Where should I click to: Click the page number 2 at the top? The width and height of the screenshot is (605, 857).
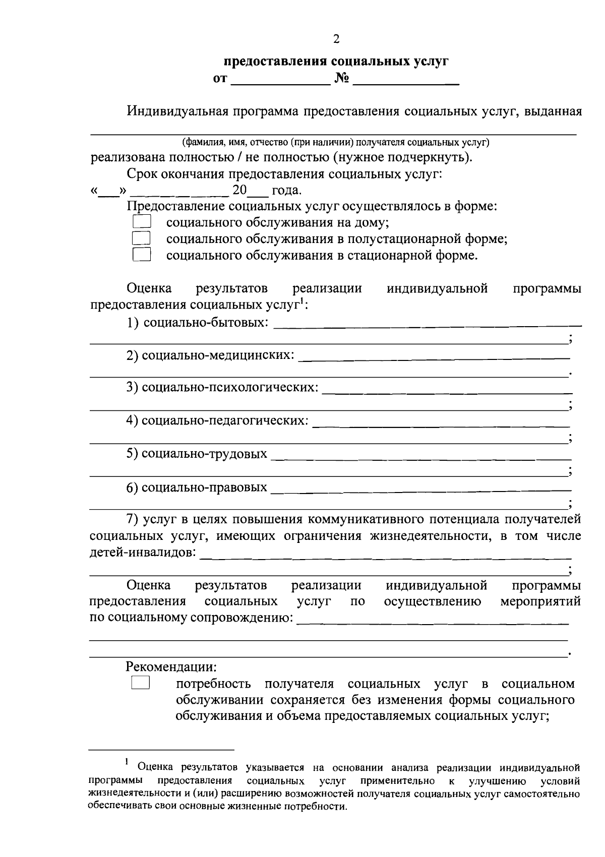point(336,40)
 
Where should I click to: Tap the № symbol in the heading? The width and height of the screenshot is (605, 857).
point(341,79)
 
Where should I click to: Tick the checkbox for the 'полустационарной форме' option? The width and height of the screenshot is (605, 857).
point(142,238)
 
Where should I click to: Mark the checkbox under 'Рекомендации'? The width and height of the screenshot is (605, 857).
point(141,683)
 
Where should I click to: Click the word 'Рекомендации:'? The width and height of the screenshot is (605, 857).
point(171,666)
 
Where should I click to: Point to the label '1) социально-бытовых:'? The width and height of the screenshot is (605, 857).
point(197,322)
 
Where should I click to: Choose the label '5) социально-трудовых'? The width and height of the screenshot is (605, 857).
point(197,454)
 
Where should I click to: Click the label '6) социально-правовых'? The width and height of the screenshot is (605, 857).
point(197,487)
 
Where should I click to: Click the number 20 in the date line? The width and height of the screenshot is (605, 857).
point(239,191)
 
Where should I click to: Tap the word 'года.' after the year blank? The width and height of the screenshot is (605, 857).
point(287,191)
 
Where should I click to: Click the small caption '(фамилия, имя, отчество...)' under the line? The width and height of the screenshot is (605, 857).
point(336,142)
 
